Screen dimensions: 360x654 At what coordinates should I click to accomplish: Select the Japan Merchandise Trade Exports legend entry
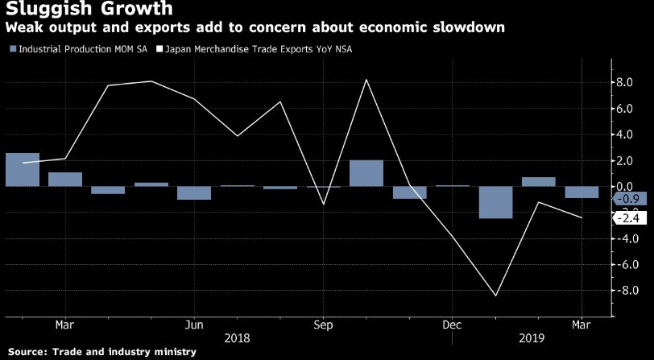[x=258, y=48]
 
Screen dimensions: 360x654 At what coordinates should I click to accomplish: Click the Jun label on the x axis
[x=193, y=325]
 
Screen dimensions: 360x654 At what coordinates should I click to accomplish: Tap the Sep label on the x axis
[x=323, y=325]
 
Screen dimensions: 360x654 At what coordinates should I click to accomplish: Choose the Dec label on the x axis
[x=452, y=325]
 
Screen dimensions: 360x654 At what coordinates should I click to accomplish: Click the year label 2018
[x=238, y=340]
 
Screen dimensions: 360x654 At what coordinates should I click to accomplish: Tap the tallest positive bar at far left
[x=23, y=169]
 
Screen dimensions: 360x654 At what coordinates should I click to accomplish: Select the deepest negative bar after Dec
[x=495, y=202]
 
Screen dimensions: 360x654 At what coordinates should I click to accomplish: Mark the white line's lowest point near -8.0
[x=495, y=296]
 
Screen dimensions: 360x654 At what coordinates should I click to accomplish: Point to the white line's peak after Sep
[x=366, y=80]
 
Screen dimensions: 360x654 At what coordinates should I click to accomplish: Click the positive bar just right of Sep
[x=366, y=173]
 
